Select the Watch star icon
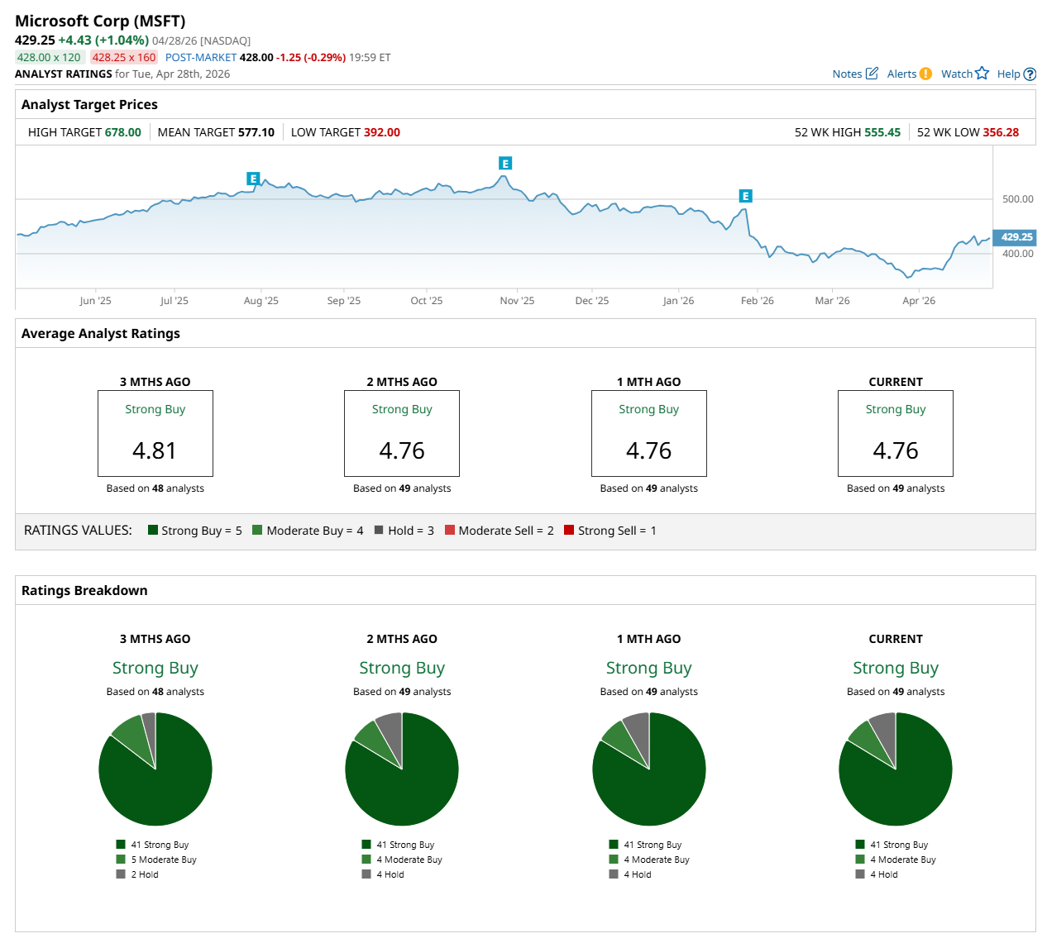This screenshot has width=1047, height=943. tap(982, 73)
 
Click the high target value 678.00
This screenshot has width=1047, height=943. tap(123, 132)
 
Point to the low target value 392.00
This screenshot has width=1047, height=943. tap(381, 132)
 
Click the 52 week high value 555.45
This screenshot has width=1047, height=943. tap(882, 132)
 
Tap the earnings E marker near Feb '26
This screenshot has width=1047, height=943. tap(745, 196)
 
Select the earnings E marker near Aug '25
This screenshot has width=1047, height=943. tap(253, 179)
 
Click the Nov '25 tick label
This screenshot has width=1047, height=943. tap(517, 301)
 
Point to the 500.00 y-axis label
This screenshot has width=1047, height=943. tap(1017, 199)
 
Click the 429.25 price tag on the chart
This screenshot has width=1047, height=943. tap(1016, 237)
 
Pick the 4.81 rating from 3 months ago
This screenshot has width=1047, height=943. tap(155, 450)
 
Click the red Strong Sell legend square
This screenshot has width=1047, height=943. tap(569, 530)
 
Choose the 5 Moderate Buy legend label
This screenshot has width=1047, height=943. tap(163, 860)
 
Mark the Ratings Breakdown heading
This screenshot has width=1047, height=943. tap(84, 590)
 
